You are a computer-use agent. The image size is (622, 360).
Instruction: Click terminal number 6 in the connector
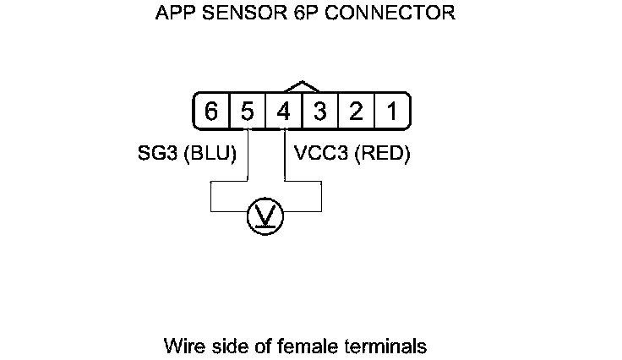[x=211, y=112]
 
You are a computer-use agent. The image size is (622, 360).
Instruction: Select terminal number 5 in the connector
[x=248, y=112]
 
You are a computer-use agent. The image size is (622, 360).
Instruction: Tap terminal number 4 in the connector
[x=284, y=112]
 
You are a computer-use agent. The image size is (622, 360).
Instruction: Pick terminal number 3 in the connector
[x=320, y=112]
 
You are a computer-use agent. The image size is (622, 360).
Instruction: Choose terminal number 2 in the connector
[x=357, y=112]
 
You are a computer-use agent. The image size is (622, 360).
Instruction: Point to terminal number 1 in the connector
[x=392, y=112]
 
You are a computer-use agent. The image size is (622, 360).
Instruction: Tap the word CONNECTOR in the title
[x=394, y=14]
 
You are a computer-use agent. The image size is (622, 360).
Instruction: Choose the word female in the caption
[x=298, y=346]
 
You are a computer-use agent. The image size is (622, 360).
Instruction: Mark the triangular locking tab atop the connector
[x=302, y=86]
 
